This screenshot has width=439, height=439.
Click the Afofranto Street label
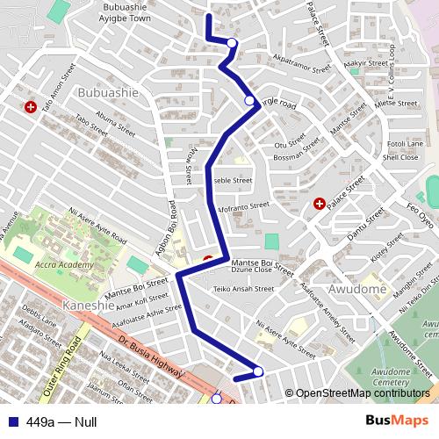243,207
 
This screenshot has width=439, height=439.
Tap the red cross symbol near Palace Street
320,204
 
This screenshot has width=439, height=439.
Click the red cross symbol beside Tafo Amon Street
31,108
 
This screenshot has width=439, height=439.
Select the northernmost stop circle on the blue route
232,43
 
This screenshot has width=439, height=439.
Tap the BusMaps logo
397,421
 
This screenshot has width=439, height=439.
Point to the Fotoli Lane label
405,143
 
